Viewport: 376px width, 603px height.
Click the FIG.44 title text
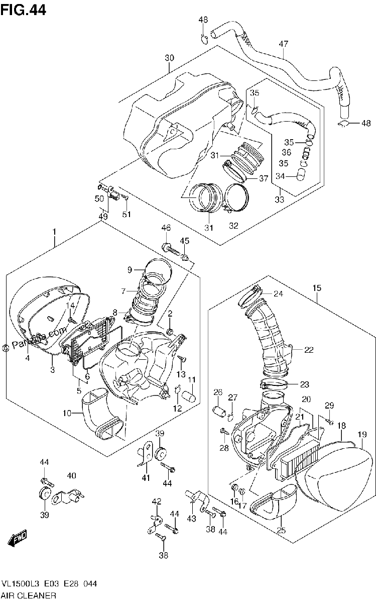pos(23,10)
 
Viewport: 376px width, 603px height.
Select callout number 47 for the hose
pos(283,44)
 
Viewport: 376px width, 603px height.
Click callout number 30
pos(169,58)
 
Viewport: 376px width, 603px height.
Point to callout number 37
pos(264,178)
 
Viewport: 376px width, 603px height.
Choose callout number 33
pos(280,199)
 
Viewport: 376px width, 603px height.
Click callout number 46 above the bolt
pos(166,228)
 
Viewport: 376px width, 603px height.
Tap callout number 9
pos(130,270)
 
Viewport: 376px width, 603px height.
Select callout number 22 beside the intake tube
pos(309,350)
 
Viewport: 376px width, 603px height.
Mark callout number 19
pos(362,434)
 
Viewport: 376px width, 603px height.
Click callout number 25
pos(281,530)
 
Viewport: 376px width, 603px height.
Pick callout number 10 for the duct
pos(67,413)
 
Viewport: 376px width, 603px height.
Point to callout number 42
pos(157,501)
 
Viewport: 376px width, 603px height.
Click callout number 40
pos(72,476)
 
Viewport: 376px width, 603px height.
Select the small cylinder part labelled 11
pos(189,396)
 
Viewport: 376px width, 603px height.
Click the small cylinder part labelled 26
pos(220,412)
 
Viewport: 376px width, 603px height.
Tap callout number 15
pos(317,288)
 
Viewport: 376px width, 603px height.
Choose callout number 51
pos(127,214)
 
